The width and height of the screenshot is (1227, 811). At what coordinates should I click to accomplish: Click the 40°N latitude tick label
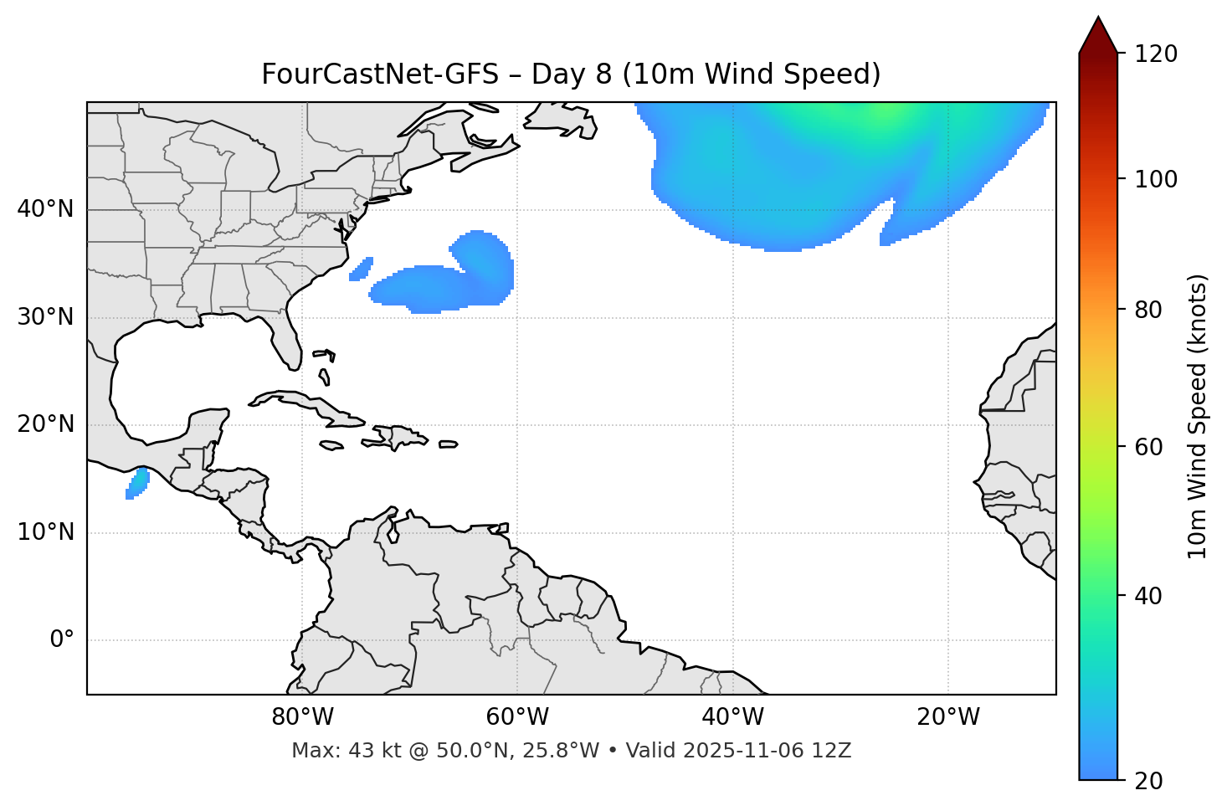(x=45, y=209)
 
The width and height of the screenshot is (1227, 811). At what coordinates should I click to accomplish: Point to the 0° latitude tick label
(x=62, y=640)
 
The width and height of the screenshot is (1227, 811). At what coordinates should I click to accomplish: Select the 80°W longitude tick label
(x=302, y=717)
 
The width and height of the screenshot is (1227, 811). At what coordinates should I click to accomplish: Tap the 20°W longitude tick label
(x=948, y=717)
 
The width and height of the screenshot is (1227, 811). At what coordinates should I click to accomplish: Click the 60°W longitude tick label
(x=517, y=717)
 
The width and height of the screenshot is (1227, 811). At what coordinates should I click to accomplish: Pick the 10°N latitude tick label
(x=45, y=532)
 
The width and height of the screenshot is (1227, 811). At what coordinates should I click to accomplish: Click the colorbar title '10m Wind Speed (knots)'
(x=1198, y=416)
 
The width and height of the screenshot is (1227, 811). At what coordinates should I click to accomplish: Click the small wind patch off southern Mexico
(x=137, y=484)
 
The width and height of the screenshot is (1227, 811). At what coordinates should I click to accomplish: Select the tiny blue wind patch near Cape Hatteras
(x=361, y=269)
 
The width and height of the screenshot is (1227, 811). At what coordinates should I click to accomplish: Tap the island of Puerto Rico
(x=449, y=444)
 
